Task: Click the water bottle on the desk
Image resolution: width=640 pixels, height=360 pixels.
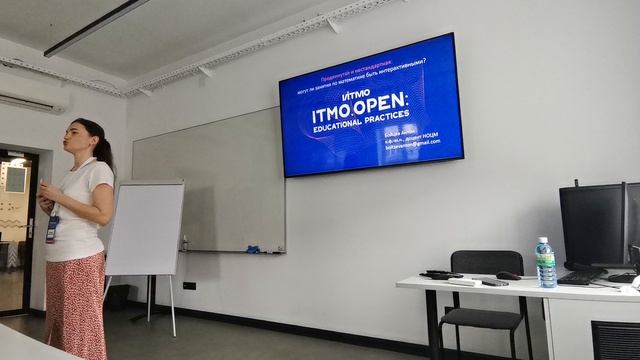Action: point(545,263)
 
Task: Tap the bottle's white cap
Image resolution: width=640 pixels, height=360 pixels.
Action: point(543,240)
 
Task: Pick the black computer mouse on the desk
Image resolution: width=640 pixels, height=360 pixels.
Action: point(508,275)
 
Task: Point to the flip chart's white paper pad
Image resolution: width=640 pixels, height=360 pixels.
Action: point(146,227)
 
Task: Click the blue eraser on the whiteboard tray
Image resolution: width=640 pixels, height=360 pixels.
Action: point(253,247)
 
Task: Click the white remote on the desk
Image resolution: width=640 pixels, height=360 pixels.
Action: point(466,282)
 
